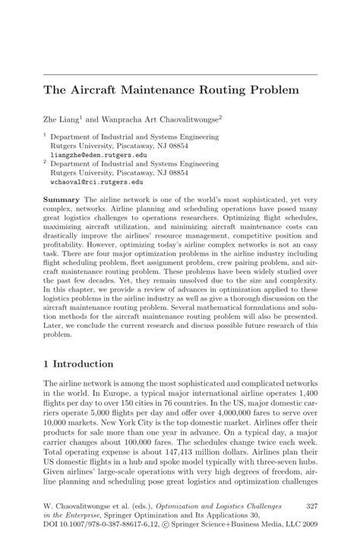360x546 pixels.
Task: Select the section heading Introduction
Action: coord(86,364)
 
